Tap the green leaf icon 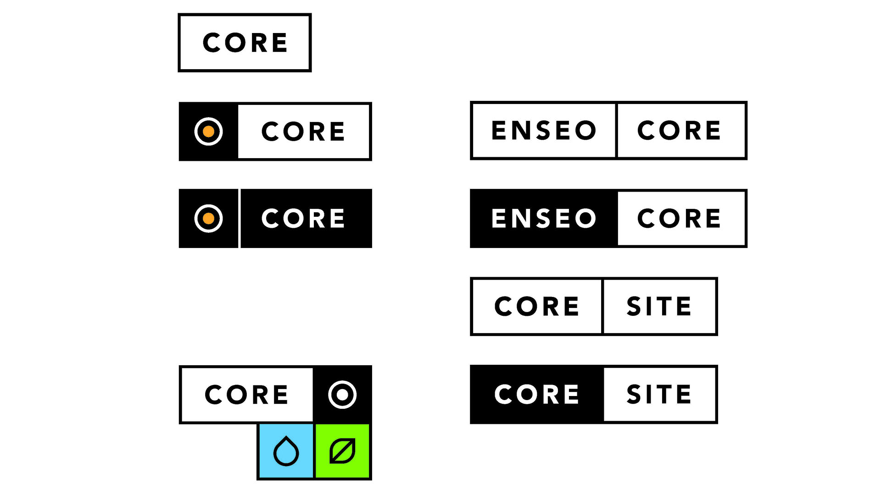tap(342, 451)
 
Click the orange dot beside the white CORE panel tap(209, 132)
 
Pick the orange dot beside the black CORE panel tap(209, 218)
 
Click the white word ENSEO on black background tap(544, 218)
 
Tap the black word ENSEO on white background tap(544, 130)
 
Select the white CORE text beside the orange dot tap(303, 218)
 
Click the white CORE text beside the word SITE tap(536, 394)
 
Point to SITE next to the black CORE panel tap(659, 394)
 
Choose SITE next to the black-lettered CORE tap(659, 306)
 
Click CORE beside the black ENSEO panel tap(679, 218)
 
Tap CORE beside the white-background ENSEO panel tap(679, 130)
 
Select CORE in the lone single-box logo tap(245, 43)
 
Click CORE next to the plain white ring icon tap(246, 394)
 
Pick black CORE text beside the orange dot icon tap(303, 132)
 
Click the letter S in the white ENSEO tap(543, 218)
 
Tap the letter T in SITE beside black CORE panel tap(659, 394)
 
